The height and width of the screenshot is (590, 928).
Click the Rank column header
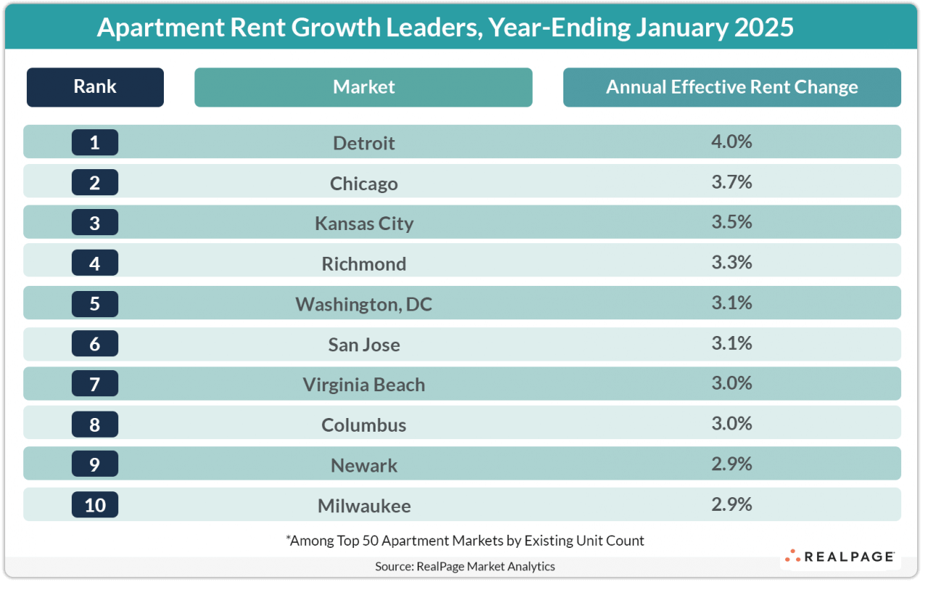(x=95, y=87)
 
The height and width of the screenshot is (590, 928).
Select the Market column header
(x=363, y=87)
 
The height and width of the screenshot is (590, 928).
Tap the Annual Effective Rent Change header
(x=732, y=87)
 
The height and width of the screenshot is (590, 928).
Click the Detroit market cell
(x=363, y=143)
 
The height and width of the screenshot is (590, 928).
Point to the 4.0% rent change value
(x=732, y=142)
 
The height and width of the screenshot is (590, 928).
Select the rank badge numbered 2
(x=95, y=182)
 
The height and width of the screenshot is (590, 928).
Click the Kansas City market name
(x=363, y=224)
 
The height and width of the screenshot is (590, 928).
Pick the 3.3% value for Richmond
(x=732, y=263)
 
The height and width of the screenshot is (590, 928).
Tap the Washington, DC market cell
(x=363, y=304)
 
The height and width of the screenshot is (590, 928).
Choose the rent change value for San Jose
(x=732, y=343)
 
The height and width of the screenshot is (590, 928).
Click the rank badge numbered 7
(x=95, y=384)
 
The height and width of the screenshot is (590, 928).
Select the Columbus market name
(x=363, y=425)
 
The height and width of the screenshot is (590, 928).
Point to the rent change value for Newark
(x=732, y=464)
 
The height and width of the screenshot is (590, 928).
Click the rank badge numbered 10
(x=95, y=504)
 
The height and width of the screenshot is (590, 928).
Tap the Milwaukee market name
(x=363, y=505)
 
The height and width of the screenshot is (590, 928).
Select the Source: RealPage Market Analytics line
(x=465, y=566)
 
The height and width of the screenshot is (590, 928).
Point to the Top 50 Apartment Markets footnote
(x=465, y=540)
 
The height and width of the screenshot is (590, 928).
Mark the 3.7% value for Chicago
(x=732, y=182)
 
